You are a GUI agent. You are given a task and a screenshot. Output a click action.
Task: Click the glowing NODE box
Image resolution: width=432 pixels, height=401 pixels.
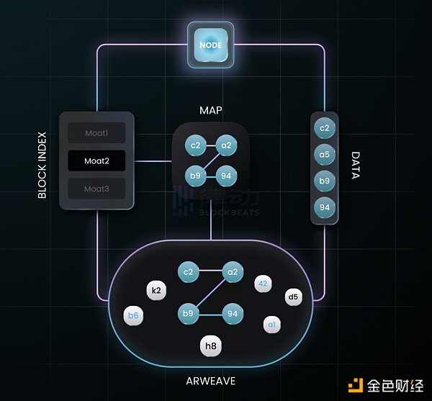(x=211, y=45)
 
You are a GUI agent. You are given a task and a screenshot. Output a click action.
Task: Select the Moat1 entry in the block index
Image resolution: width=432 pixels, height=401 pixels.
(x=96, y=132)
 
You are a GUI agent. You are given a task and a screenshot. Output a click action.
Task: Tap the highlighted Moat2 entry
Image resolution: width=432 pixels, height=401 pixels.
(x=96, y=161)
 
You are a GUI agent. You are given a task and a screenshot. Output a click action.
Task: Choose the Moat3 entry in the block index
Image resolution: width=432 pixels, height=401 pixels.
(x=96, y=189)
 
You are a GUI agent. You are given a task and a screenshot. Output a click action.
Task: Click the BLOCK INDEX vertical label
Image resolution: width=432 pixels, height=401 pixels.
(x=42, y=164)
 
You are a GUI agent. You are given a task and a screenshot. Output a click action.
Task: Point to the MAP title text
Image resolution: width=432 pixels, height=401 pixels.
(x=211, y=111)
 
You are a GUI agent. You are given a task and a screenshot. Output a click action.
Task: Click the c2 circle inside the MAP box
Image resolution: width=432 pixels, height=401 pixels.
(x=194, y=145)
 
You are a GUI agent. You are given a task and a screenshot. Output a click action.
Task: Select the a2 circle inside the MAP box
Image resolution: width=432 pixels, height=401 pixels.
(x=226, y=145)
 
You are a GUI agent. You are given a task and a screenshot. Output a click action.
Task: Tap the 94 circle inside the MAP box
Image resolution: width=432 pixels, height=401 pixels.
(x=226, y=175)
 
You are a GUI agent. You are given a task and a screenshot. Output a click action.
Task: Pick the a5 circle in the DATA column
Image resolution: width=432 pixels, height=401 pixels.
(x=325, y=154)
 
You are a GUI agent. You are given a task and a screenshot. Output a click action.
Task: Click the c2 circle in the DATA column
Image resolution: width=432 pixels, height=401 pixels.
(x=325, y=128)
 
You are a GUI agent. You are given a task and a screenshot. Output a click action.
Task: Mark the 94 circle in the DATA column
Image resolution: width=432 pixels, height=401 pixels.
(x=325, y=207)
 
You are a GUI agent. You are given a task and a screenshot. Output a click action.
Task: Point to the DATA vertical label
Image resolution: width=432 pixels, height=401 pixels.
(x=355, y=165)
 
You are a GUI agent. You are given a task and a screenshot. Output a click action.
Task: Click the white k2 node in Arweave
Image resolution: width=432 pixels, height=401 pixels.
(x=156, y=290)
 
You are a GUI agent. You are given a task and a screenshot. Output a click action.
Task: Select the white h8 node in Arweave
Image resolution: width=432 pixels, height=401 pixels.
(x=210, y=347)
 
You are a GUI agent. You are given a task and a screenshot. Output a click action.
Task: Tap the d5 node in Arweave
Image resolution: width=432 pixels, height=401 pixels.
(x=293, y=296)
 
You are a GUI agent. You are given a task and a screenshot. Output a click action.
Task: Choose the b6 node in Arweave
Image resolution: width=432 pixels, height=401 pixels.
(x=133, y=315)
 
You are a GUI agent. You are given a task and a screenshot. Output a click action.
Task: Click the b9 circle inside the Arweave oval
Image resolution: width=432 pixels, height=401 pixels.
(x=189, y=314)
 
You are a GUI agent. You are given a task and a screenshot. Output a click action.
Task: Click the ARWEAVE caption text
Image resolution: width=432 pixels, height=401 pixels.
(x=210, y=380)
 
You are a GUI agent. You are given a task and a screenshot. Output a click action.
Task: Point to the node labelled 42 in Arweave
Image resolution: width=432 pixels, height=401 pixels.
(x=264, y=284)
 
